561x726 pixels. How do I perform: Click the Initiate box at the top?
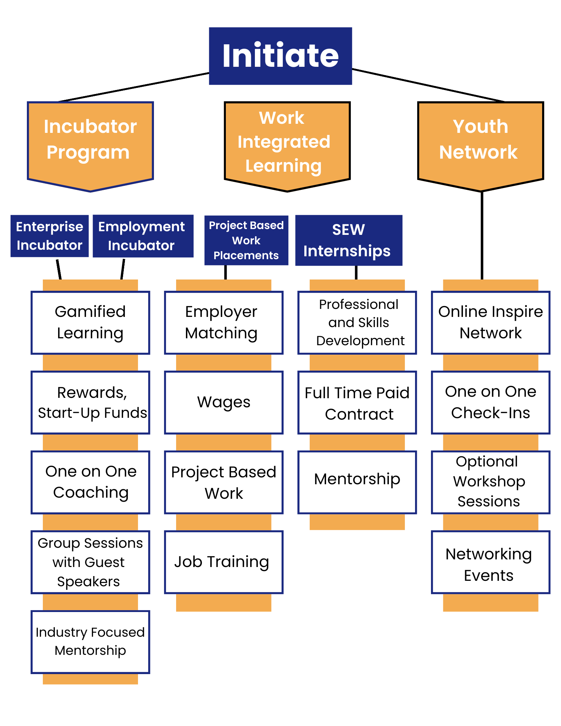[x=280, y=56]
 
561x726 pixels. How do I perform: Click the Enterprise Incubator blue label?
[x=50, y=236]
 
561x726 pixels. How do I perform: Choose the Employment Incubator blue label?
[x=143, y=236]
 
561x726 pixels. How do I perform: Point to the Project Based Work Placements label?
[x=246, y=240]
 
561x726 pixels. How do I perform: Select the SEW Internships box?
[x=349, y=240]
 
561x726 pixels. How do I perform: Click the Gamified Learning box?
[x=90, y=323]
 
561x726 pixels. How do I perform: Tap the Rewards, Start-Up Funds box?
[x=90, y=403]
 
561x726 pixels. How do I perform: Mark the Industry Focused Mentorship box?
[x=90, y=642]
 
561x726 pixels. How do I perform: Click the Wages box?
[x=224, y=403]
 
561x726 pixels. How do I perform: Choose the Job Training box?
[x=224, y=562]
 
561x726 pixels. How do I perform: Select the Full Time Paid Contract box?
[x=357, y=403]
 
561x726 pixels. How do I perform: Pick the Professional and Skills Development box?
[x=357, y=323]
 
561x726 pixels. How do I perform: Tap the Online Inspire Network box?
[x=491, y=323]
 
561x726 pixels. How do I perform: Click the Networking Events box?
[x=491, y=562]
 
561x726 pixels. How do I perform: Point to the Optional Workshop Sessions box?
[x=491, y=482]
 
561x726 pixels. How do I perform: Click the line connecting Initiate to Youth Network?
[x=428, y=85]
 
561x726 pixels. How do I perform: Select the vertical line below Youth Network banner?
[x=482, y=236]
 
